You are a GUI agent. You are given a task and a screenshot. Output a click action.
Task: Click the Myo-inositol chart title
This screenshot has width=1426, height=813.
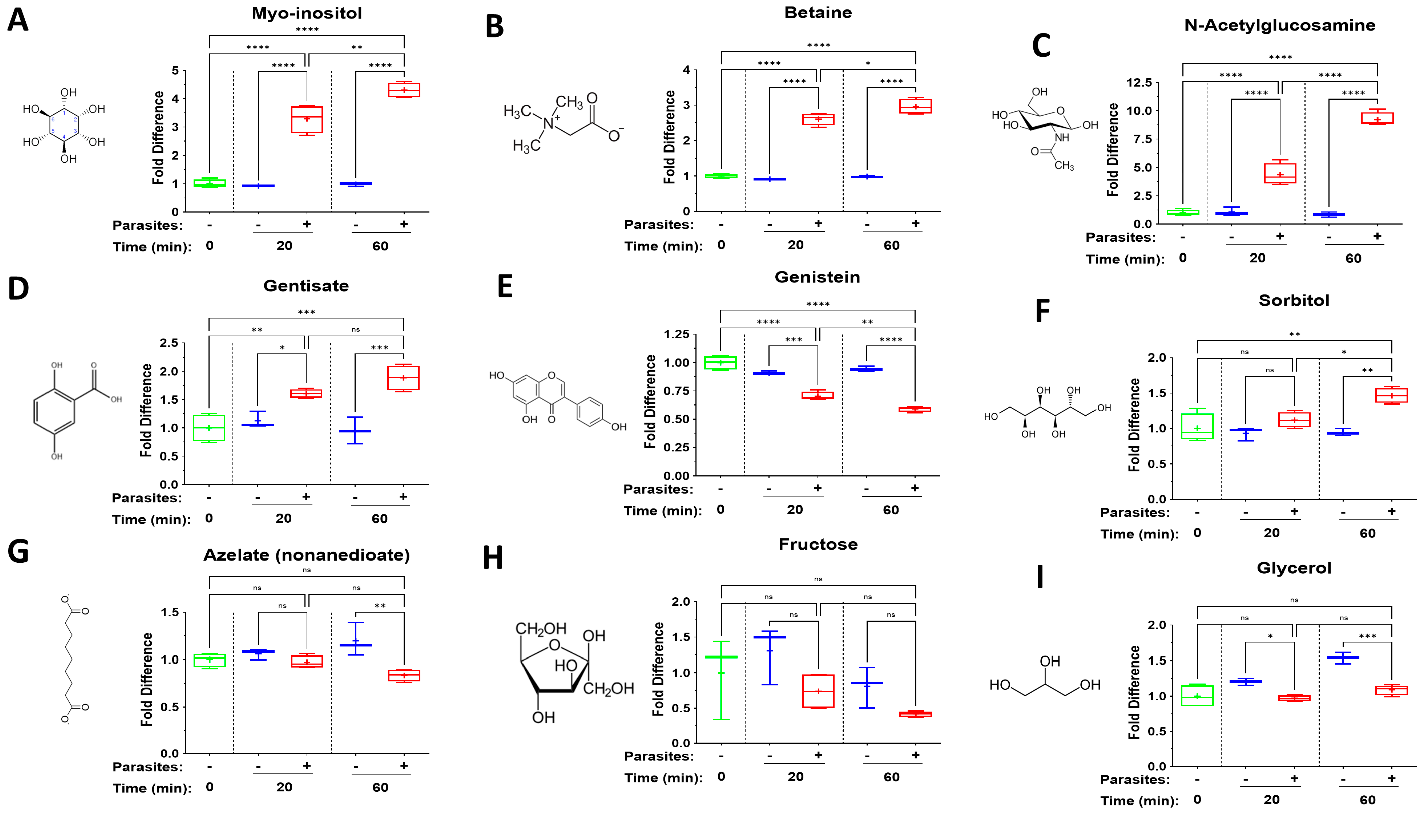tap(306, 13)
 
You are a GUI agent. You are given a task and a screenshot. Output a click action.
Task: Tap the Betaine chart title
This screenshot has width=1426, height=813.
tap(818, 13)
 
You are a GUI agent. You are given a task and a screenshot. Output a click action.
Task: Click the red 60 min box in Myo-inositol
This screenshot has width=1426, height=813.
tap(404, 90)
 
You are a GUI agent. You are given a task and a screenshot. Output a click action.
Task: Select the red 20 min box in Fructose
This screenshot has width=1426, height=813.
tap(818, 691)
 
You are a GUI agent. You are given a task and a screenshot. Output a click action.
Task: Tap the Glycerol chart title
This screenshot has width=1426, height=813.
tap(1294, 568)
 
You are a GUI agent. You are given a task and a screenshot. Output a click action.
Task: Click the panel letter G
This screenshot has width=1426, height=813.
tap(18, 552)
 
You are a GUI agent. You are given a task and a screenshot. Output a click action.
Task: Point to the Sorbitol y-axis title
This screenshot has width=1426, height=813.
tap(1133, 425)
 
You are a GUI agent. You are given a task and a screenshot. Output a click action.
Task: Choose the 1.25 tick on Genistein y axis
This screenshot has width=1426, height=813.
tap(676, 334)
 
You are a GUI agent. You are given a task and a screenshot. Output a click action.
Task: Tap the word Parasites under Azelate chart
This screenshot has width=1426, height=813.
tap(148, 767)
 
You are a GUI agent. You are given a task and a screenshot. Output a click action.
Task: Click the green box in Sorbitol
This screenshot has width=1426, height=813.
tap(1197, 426)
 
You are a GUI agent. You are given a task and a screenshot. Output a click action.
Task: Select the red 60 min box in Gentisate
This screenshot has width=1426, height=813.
tap(403, 378)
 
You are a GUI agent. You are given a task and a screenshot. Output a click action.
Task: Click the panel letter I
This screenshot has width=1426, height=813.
tap(1040, 577)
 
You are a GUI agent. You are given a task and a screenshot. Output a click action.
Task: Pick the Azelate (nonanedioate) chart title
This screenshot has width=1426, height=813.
tap(306, 555)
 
